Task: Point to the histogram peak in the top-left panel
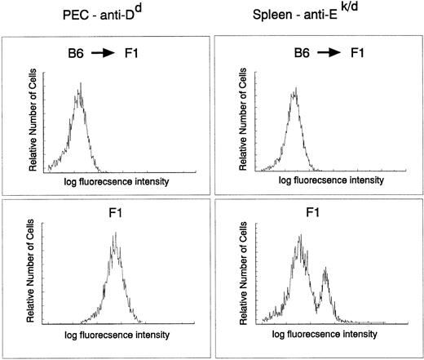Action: click(x=80, y=83)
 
